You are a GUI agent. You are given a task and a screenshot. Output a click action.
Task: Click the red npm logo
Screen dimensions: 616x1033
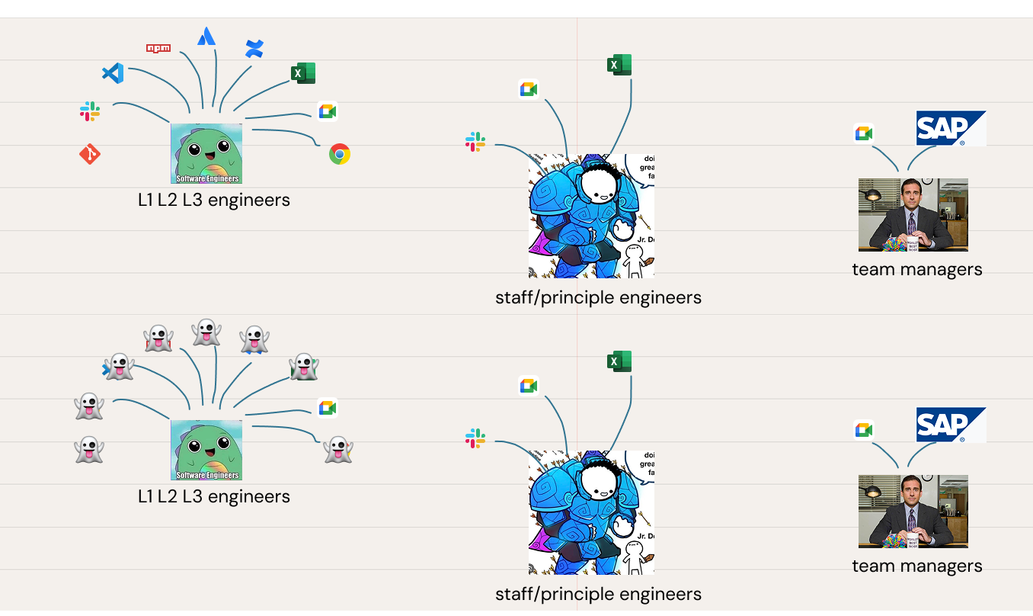click(x=158, y=48)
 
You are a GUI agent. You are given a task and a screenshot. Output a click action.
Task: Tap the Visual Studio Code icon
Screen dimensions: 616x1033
click(x=113, y=73)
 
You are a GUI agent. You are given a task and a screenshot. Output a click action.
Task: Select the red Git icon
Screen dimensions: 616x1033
click(x=90, y=155)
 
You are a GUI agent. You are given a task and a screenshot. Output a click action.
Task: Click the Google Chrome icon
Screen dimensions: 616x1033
click(x=339, y=154)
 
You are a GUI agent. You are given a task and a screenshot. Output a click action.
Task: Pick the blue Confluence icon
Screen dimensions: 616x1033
click(x=254, y=50)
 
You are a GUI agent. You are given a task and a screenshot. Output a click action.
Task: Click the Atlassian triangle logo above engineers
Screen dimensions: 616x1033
click(x=206, y=36)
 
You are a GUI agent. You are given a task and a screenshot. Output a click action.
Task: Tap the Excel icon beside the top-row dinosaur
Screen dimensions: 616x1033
click(x=302, y=73)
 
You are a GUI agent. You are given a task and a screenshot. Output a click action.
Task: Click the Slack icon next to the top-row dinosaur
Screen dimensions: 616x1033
click(x=90, y=111)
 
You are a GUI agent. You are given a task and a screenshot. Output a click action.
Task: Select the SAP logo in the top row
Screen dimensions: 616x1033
click(x=950, y=128)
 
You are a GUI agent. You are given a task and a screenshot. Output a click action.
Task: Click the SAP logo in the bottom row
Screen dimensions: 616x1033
click(x=950, y=425)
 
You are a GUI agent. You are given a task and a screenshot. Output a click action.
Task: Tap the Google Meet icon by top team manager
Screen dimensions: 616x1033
click(x=863, y=133)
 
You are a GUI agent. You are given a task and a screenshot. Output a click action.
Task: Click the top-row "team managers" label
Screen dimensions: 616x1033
click(x=916, y=269)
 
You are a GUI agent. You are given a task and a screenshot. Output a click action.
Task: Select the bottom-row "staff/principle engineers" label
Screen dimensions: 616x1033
click(x=598, y=594)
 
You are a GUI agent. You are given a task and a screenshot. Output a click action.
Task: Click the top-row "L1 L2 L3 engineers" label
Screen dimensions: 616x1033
click(x=214, y=201)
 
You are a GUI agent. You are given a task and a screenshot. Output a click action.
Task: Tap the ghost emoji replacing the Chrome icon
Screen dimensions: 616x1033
click(x=337, y=449)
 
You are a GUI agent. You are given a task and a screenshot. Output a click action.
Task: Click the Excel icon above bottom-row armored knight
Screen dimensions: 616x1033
click(x=619, y=361)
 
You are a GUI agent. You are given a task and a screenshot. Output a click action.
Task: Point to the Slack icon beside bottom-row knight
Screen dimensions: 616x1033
click(x=475, y=438)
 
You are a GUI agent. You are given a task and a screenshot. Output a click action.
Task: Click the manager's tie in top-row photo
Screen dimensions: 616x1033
click(x=911, y=223)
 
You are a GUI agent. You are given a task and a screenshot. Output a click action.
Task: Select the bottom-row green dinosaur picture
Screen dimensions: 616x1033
click(x=206, y=450)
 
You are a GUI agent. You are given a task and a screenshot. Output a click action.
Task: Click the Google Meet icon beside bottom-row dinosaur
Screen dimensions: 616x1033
click(x=328, y=408)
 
